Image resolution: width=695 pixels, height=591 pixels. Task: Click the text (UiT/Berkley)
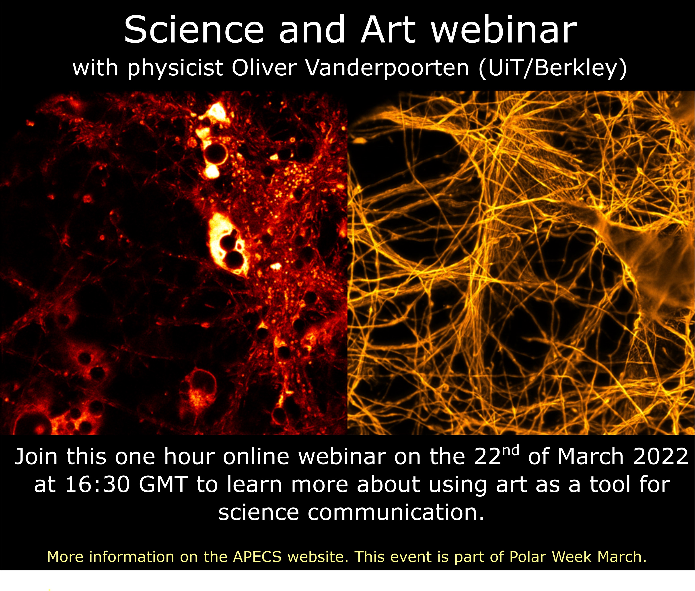[552, 68]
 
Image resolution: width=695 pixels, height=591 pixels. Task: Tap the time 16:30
[97, 485]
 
